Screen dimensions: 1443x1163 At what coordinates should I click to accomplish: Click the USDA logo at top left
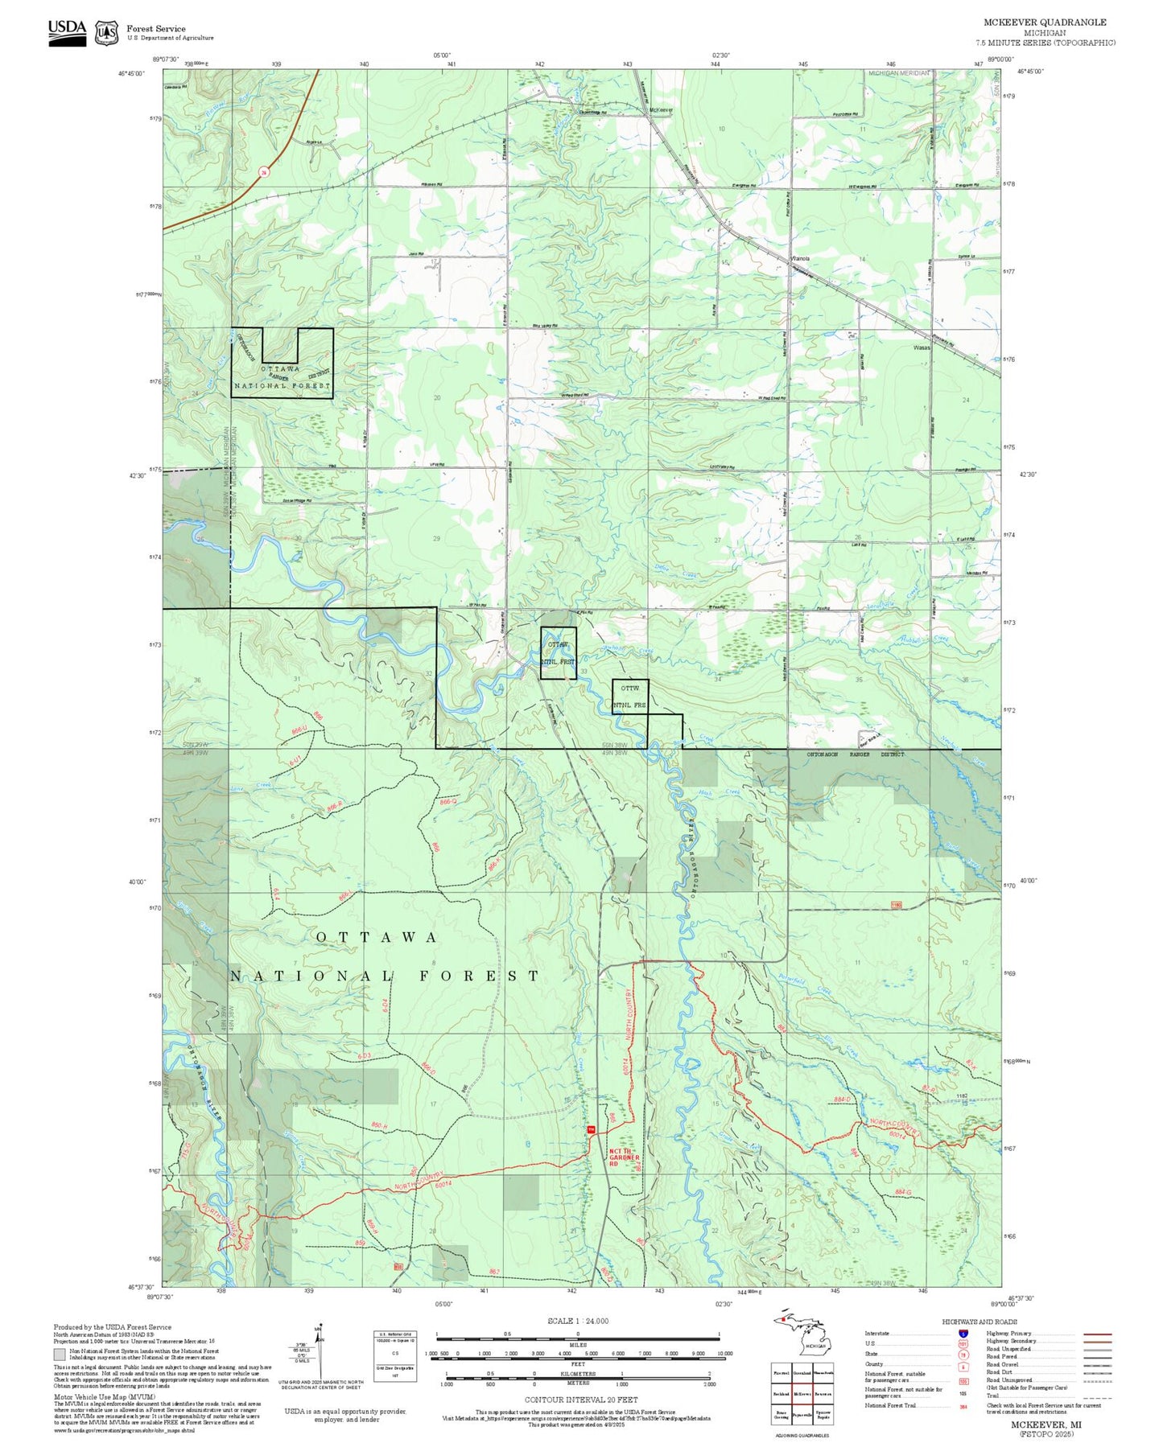pos(67,32)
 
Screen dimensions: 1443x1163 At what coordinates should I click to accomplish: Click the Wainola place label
pos(800,258)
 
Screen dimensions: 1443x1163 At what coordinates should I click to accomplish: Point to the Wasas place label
pos(922,348)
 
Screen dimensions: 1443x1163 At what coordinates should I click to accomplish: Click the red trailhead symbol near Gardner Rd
pos(591,1130)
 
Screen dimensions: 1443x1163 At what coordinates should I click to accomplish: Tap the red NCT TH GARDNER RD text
pos(624,1157)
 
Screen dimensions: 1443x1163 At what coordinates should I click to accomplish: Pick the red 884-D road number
pos(843,1099)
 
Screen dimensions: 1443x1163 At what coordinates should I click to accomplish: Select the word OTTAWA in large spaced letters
pos(376,937)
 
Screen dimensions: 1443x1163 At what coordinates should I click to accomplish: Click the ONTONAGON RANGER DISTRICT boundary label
pos(856,754)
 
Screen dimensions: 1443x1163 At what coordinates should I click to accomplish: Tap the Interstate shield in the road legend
pos(963,1333)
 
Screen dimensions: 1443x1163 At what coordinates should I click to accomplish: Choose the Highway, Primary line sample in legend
pos(1098,1334)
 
